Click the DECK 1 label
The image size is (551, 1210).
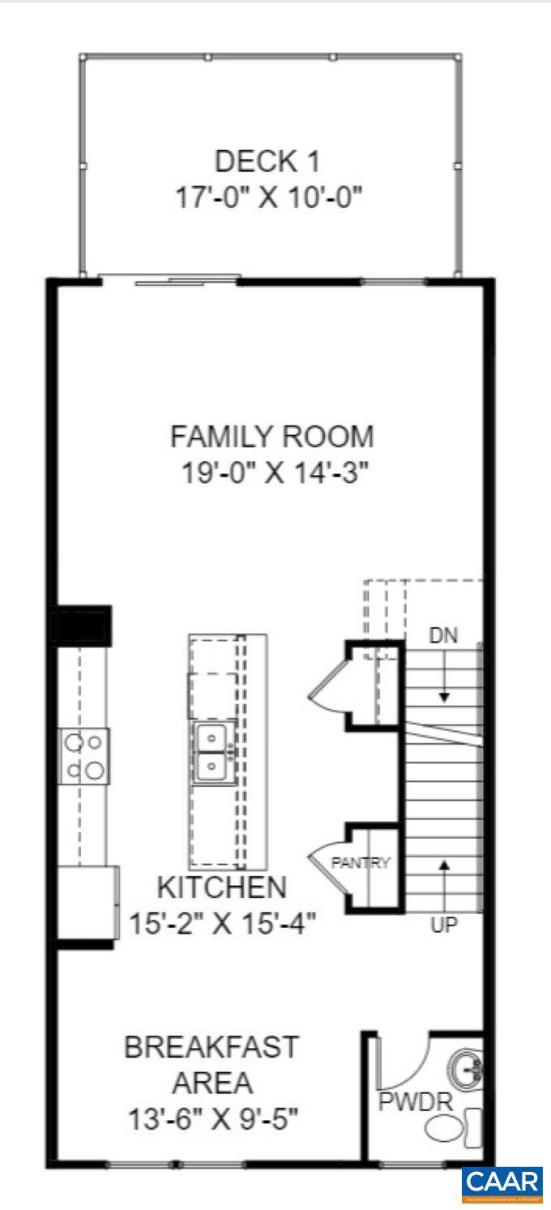tap(267, 161)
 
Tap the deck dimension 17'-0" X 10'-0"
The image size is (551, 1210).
tap(268, 198)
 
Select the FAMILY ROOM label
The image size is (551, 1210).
tap(272, 437)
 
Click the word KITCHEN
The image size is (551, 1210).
tap(221, 887)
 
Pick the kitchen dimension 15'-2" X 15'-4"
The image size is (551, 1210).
tap(222, 922)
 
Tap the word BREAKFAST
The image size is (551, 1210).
tap(211, 1046)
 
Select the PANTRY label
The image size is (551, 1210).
tap(361, 862)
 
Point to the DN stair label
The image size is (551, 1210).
tap(443, 636)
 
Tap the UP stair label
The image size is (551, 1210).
tap(443, 925)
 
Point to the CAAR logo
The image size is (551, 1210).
tap(502, 1184)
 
